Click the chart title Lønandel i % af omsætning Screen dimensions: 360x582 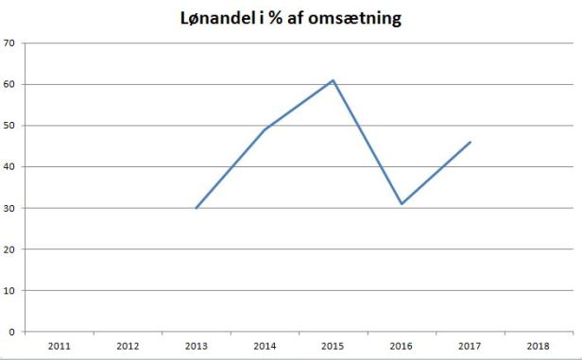point(291,18)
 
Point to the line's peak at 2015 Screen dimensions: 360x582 point(333,80)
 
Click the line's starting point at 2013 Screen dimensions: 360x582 point(196,208)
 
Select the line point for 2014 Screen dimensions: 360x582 point(265,129)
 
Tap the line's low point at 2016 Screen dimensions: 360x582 point(402,204)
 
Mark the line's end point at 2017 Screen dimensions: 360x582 point(471,142)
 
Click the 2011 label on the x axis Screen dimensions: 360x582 point(59,347)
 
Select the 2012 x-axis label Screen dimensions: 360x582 point(128,347)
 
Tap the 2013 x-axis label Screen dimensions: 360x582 point(196,347)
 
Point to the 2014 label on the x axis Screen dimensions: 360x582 point(265,347)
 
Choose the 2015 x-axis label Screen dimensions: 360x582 point(333,347)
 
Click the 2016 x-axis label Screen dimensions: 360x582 point(402,347)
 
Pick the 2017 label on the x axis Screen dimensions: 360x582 point(471,347)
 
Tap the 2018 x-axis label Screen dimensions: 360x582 point(539,347)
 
